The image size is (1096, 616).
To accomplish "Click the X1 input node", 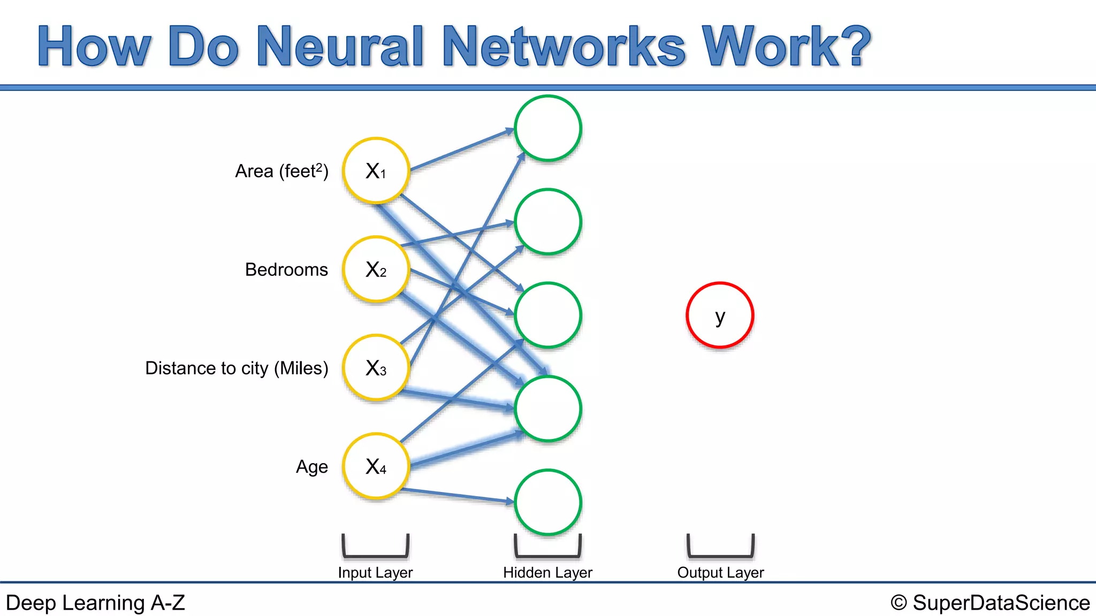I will point(376,171).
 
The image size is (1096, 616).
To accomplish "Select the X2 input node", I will point(376,269).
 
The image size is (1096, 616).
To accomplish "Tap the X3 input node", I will point(376,367).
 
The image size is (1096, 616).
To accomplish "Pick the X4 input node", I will point(376,466).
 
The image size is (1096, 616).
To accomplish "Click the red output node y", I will point(720,315).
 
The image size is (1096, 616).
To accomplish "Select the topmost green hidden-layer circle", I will point(548,128).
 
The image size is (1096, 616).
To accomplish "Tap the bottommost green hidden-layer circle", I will point(548,502).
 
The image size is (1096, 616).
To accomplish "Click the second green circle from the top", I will point(548,221).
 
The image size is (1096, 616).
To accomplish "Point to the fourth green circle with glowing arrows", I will point(548,409).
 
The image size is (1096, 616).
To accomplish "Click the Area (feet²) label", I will point(281,171).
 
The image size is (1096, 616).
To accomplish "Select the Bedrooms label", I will point(286,269).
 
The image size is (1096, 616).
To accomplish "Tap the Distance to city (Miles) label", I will point(237,368).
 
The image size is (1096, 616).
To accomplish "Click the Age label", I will point(311,467).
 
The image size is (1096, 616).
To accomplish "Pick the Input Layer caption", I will point(375,573).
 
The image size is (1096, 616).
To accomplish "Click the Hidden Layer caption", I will point(547,573).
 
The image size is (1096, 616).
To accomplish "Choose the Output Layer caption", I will point(720,573).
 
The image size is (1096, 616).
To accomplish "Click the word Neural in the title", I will point(340,47).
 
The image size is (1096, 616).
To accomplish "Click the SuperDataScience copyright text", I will point(990,603).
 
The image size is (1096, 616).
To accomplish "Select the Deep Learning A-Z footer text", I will point(95,603).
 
